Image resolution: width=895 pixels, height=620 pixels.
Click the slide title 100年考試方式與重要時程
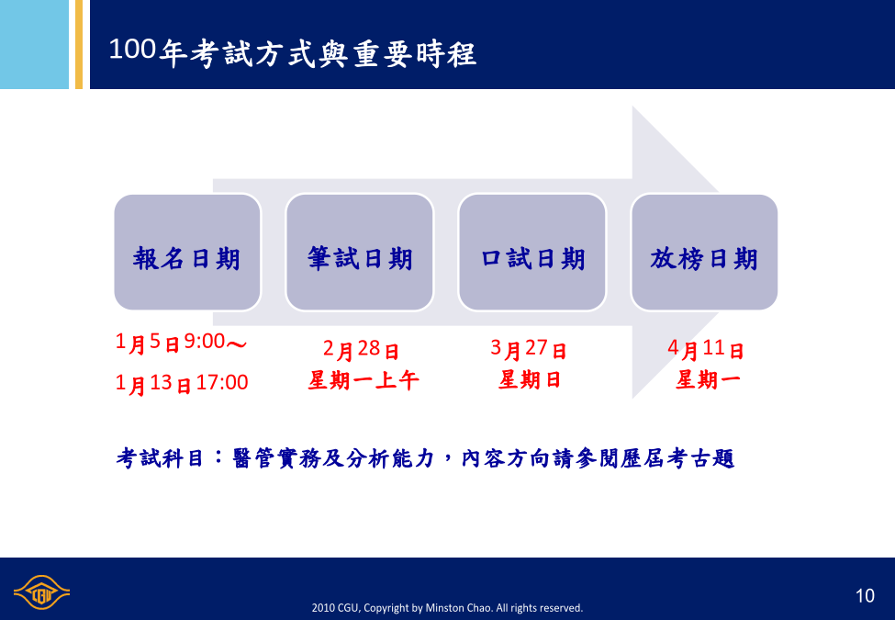click(x=292, y=52)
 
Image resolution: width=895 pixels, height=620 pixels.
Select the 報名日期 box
click(x=187, y=253)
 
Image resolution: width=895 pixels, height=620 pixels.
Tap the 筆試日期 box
click(x=360, y=253)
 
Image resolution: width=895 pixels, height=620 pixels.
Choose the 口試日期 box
click(x=532, y=253)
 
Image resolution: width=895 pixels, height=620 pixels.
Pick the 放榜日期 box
click(x=704, y=253)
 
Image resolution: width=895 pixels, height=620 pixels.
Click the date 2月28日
click(x=361, y=349)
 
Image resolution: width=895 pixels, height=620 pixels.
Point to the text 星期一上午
click(x=364, y=380)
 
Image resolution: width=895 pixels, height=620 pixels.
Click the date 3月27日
click(x=529, y=348)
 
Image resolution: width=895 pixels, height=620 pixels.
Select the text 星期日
click(x=529, y=379)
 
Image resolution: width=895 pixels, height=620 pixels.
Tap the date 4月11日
click(x=706, y=348)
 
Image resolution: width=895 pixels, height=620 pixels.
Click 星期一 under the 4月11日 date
click(x=708, y=379)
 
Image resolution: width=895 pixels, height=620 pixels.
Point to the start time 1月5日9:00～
click(x=181, y=343)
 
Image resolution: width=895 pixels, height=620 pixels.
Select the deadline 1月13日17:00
click(x=182, y=383)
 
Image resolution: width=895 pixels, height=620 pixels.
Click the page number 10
click(x=865, y=596)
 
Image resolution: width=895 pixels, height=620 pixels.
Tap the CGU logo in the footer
click(x=41, y=592)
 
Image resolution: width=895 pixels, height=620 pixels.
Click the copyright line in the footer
click(x=447, y=608)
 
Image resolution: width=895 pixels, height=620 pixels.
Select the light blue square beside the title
click(x=34, y=44)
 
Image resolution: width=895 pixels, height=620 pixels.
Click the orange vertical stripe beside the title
click(x=79, y=44)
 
